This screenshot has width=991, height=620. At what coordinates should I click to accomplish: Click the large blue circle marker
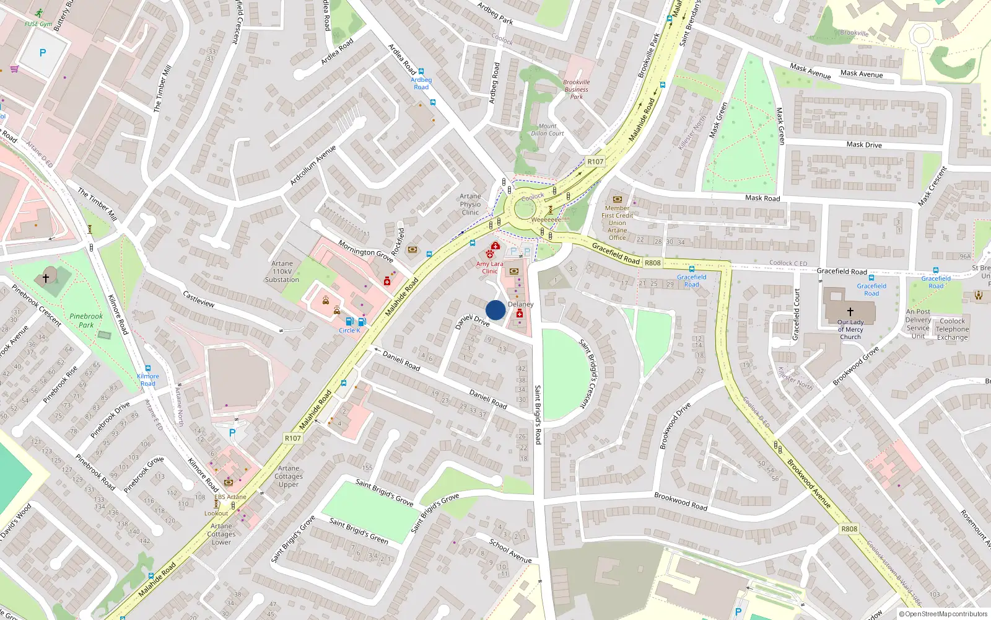click(x=495, y=310)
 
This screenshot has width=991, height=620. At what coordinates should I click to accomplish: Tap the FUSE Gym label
click(x=38, y=24)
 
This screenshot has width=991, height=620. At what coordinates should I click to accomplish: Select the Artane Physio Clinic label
click(x=470, y=205)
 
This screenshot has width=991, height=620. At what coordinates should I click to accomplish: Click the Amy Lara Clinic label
click(x=489, y=267)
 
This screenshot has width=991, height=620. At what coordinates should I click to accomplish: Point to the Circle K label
click(x=349, y=330)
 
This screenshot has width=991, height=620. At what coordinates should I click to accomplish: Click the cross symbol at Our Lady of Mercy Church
click(x=850, y=312)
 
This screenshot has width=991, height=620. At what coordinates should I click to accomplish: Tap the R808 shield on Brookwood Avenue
click(x=849, y=529)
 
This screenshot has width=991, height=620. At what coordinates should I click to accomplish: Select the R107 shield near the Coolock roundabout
click(x=595, y=162)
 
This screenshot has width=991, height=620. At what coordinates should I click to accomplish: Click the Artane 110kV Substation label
click(x=282, y=272)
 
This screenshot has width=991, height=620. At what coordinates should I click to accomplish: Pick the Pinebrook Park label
click(x=86, y=321)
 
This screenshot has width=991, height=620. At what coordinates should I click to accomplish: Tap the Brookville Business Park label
click(x=576, y=89)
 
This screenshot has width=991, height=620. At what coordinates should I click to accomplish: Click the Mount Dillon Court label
click(x=548, y=130)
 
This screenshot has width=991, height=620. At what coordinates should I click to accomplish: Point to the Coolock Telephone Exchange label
click(x=952, y=329)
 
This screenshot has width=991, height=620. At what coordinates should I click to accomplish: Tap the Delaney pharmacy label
click(x=520, y=304)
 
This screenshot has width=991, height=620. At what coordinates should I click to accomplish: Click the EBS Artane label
click(x=230, y=497)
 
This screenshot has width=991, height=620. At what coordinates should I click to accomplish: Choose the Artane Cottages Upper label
click(x=289, y=476)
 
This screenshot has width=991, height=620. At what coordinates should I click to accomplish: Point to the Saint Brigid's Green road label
click(x=359, y=531)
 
